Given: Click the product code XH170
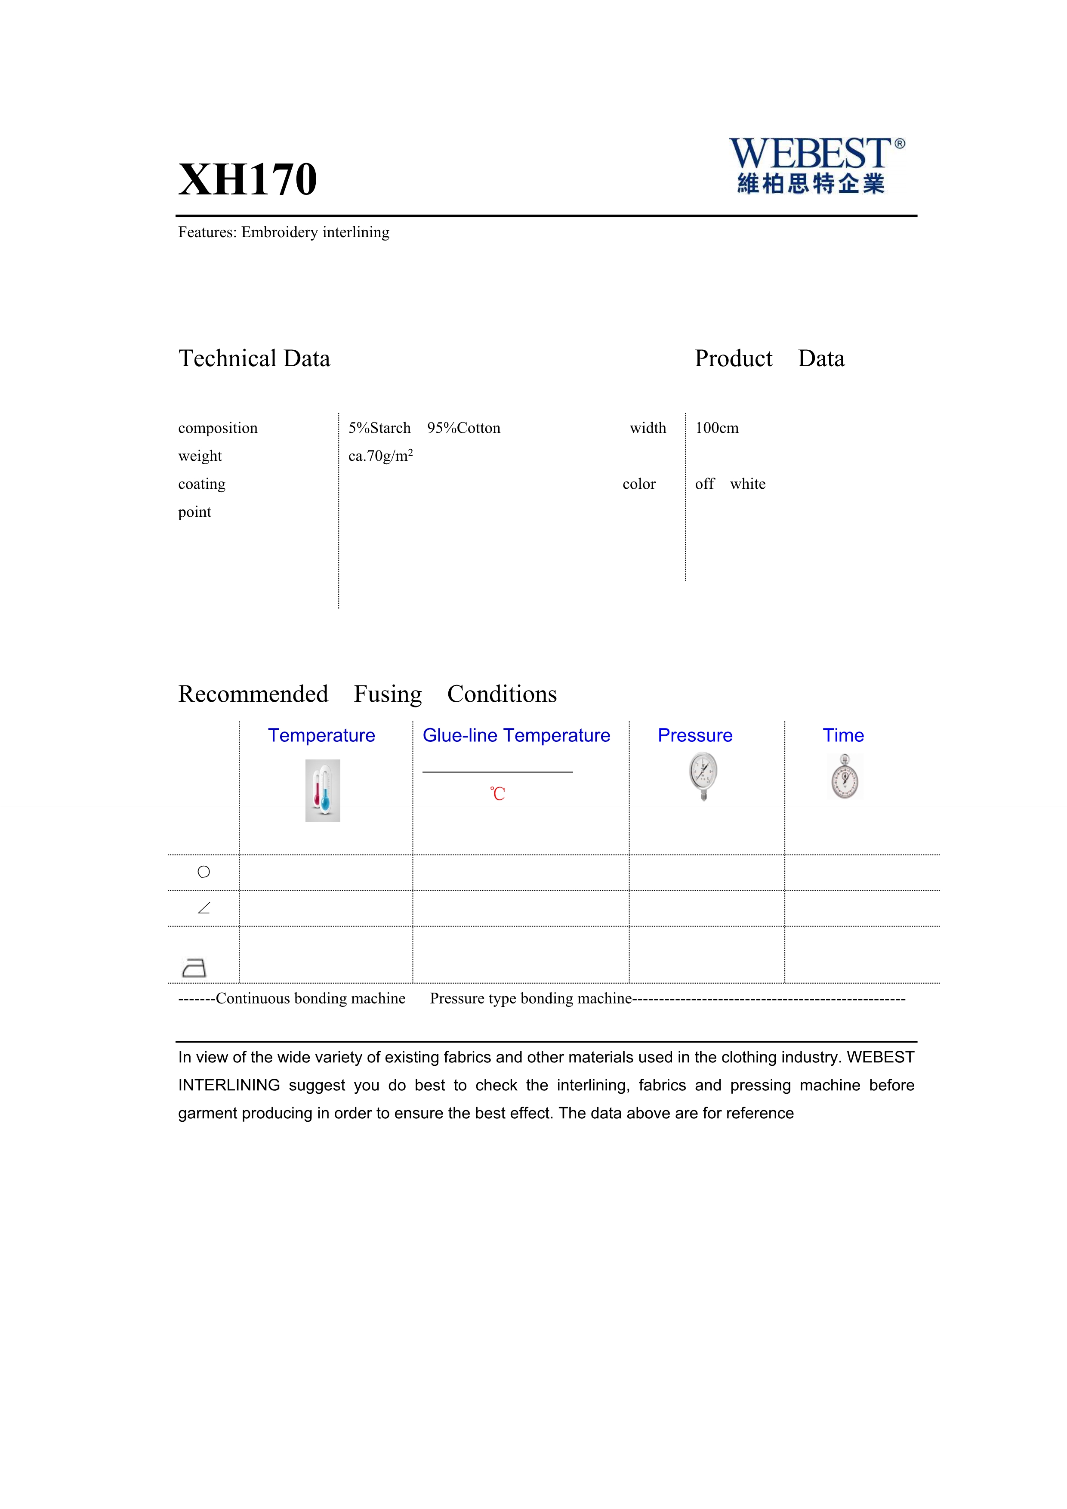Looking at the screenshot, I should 248,179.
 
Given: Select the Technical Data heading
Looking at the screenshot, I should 254,359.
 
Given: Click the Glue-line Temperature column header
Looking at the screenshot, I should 516,735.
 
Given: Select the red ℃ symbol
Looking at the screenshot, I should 497,794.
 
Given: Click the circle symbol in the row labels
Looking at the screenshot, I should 204,872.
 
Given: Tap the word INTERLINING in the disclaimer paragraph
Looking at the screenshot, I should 228,1085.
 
